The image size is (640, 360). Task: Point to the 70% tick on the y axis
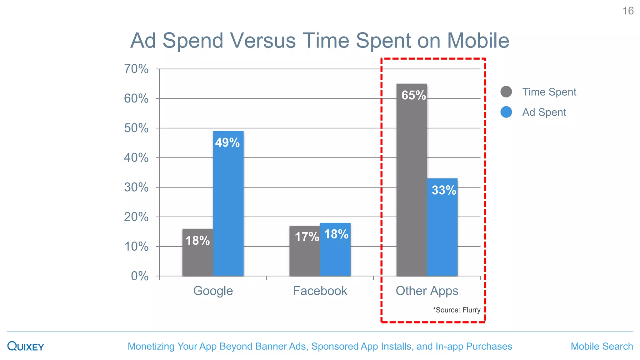tap(136, 69)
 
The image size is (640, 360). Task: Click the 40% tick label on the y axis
tap(136, 157)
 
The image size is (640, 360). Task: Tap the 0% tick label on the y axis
tap(140, 276)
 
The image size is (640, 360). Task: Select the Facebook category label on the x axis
tap(320, 291)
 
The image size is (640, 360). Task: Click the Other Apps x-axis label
tap(427, 291)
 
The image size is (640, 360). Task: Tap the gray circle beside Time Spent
tap(506, 92)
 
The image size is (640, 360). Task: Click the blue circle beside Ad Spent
tap(506, 112)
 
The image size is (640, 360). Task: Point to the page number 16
tap(628, 11)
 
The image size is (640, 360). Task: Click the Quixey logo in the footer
tap(26, 346)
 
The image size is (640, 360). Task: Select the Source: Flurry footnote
tap(457, 310)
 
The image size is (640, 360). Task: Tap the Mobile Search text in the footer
tap(602, 346)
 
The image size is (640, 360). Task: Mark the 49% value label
tap(227, 142)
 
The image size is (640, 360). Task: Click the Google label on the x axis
tap(213, 291)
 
